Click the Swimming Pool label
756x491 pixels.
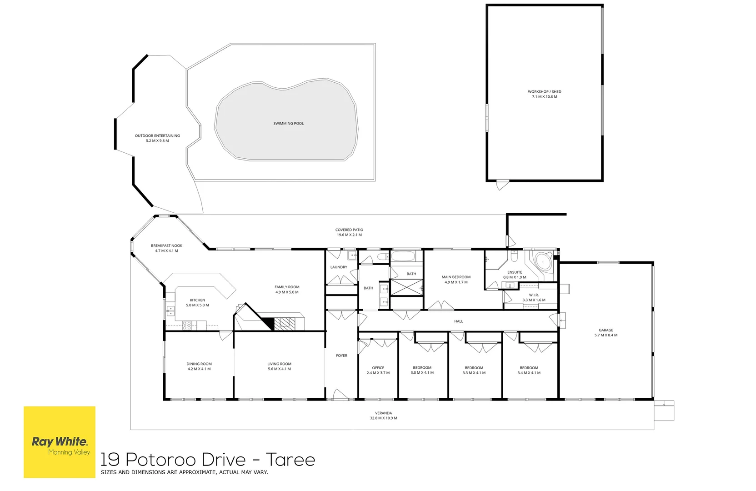[288, 123]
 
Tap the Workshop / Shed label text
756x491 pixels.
[544, 91]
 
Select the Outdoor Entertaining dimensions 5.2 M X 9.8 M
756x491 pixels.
[157, 141]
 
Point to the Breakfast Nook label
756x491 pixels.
[166, 245]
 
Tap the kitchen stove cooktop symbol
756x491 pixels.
[187, 325]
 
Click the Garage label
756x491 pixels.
[606, 330]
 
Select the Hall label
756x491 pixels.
[458, 321]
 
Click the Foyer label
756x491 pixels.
[341, 356]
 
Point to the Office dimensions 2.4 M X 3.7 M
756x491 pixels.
[378, 373]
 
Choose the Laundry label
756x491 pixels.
[339, 267]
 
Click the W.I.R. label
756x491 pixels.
[534, 295]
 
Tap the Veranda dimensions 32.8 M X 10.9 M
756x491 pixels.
[383, 418]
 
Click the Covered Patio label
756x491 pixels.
[349, 230]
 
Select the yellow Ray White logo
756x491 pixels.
[60, 442]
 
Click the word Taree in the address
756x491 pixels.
[290, 460]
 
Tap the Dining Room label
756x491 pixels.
[199, 364]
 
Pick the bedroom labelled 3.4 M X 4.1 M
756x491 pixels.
[529, 370]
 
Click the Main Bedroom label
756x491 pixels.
[456, 277]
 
